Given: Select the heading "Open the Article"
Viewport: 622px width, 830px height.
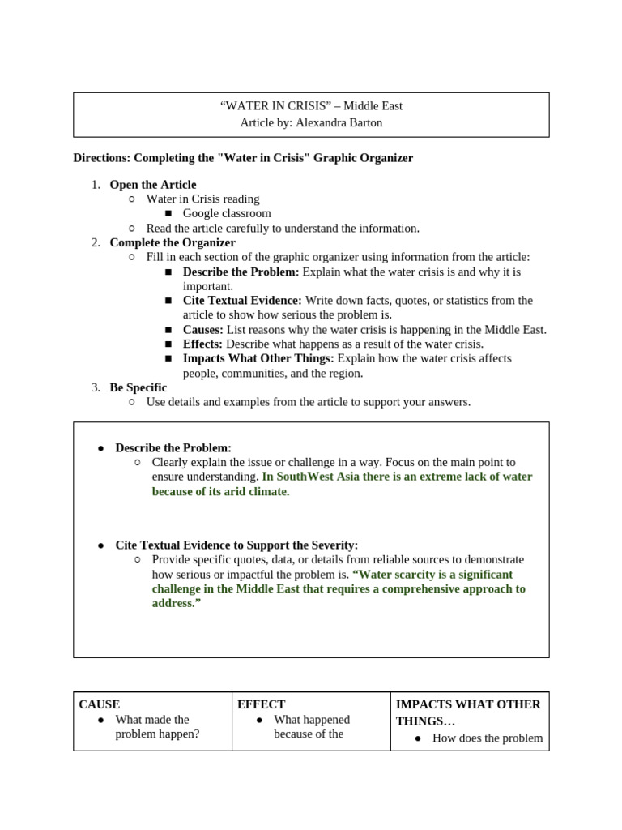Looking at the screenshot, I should pyautogui.click(x=153, y=185).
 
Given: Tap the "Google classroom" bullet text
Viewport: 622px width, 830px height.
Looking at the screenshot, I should pyautogui.click(x=227, y=214).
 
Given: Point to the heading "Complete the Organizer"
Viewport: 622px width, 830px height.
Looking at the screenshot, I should pyautogui.click(x=173, y=242).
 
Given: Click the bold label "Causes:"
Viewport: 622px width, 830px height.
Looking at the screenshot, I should pyautogui.click(x=203, y=330).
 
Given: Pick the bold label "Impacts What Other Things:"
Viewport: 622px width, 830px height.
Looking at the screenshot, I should pyautogui.click(x=258, y=359).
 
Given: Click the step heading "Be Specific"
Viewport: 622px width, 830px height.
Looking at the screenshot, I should pyautogui.click(x=138, y=387).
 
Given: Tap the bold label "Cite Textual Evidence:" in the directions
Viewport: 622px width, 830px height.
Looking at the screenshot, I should pyautogui.click(x=242, y=301).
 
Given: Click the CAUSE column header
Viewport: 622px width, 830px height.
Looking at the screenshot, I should pyautogui.click(x=100, y=704).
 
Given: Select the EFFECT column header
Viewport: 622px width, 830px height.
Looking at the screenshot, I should pyautogui.click(x=261, y=704).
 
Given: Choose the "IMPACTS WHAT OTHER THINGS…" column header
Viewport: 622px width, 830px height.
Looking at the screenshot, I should pyautogui.click(x=467, y=712).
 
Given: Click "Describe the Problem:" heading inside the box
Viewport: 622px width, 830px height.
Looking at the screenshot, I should pyautogui.click(x=173, y=447).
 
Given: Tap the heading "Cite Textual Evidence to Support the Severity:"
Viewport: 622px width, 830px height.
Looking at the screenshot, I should pyautogui.click(x=236, y=545).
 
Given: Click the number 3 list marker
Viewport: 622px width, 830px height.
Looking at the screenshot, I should pyautogui.click(x=95, y=387).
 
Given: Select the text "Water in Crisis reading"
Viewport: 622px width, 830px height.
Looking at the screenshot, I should pyautogui.click(x=202, y=199).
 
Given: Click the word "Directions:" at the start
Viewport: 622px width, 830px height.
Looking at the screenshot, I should pyautogui.click(x=101, y=158).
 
